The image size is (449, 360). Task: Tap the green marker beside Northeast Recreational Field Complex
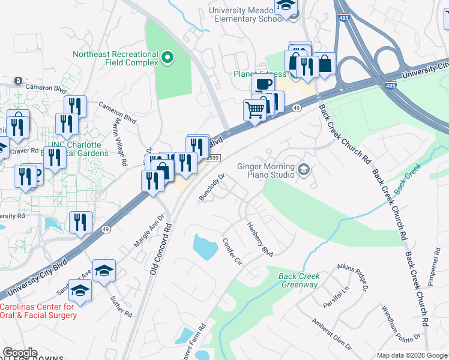[167, 58]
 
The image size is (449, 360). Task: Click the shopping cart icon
[255, 110]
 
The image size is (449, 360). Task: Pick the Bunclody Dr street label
[212, 187]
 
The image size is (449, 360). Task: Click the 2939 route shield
[213, 157]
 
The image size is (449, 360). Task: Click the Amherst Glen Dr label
[331, 333]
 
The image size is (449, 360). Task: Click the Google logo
[20, 353]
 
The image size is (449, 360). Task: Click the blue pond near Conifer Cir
[204, 246]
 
